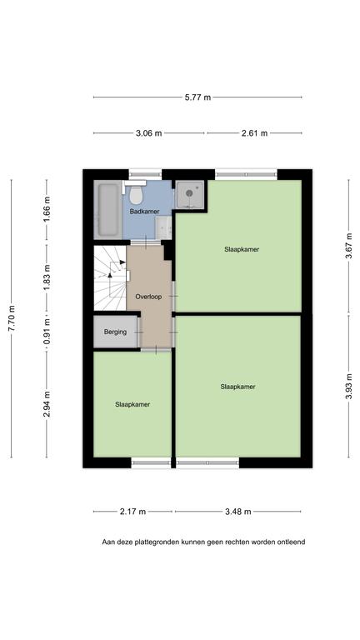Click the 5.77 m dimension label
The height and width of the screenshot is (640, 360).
click(x=197, y=97)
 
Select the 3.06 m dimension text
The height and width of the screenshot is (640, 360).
click(x=148, y=133)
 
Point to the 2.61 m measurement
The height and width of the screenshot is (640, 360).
click(x=254, y=133)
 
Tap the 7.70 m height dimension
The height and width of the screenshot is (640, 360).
click(x=12, y=318)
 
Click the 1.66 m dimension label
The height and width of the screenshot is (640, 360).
click(x=47, y=210)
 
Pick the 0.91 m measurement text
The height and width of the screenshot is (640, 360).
click(x=47, y=331)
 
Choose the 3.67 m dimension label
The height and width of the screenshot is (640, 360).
click(x=349, y=246)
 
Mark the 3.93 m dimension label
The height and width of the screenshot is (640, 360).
click(x=349, y=387)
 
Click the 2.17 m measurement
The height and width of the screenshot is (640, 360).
click(x=132, y=512)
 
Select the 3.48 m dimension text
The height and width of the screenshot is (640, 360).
click(x=238, y=512)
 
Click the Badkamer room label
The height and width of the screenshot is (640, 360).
click(x=144, y=212)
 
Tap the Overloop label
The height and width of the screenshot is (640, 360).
click(x=148, y=297)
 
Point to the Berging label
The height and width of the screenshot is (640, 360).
click(x=115, y=332)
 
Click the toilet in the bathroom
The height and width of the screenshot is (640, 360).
click(x=136, y=193)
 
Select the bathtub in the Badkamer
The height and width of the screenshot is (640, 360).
click(x=107, y=210)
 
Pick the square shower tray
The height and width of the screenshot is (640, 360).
click(x=190, y=194)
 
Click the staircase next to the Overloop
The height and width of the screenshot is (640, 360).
click(x=110, y=277)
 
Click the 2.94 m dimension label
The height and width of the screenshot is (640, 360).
click(x=47, y=403)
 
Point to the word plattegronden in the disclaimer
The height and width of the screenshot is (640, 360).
click(x=158, y=542)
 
